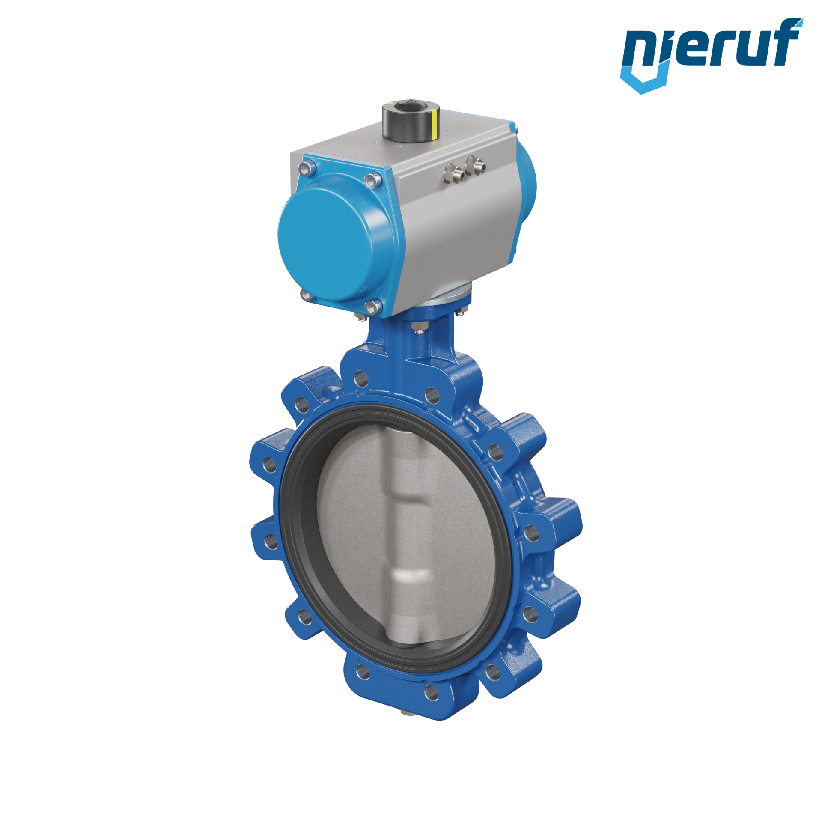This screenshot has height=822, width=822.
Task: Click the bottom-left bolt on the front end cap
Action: tap(306, 294)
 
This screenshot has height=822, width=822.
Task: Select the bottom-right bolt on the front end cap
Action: tap(373, 307)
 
